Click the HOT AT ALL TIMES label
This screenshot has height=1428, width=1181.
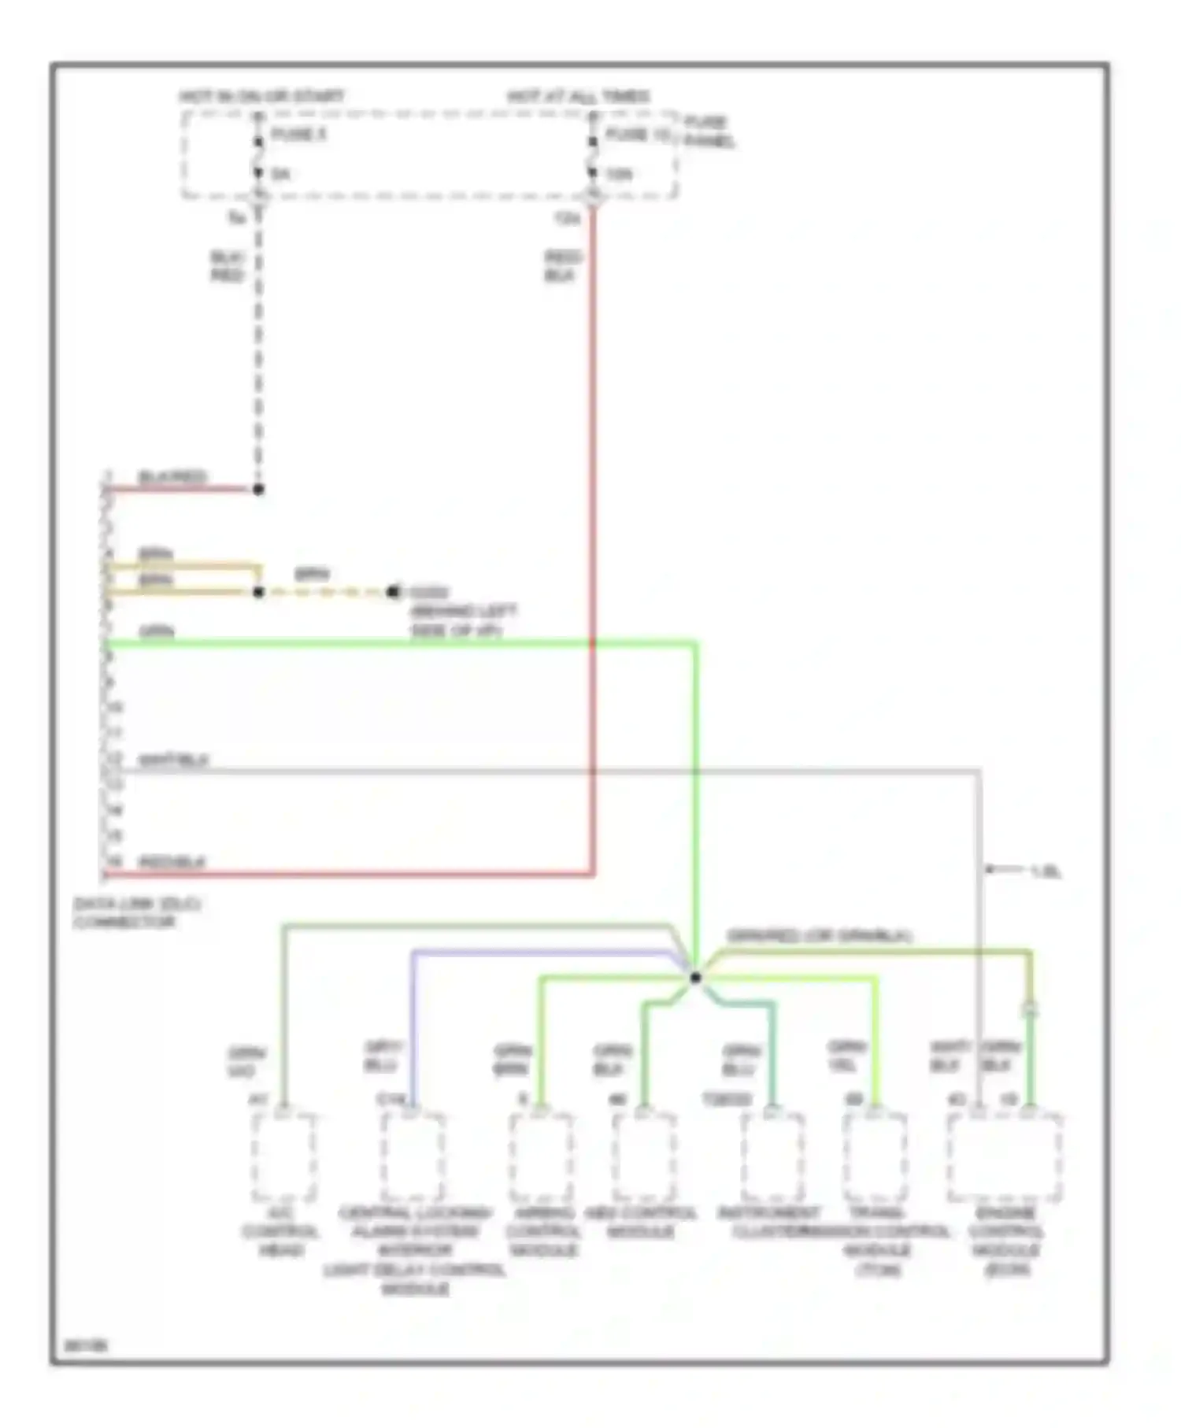579,97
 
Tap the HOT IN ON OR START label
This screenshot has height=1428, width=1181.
261,97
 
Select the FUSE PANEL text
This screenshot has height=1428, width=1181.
708,132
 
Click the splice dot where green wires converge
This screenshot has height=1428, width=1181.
695,978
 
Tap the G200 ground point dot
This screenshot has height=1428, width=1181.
393,592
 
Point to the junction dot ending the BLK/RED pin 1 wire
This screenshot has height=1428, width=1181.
258,490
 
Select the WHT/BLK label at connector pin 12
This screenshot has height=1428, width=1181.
173,760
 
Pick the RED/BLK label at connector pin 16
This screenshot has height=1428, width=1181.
172,863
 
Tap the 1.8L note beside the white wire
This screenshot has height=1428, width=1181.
1046,871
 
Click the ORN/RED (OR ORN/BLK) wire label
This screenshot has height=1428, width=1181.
819,936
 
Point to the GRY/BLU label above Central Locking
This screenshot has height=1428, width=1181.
383,1056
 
